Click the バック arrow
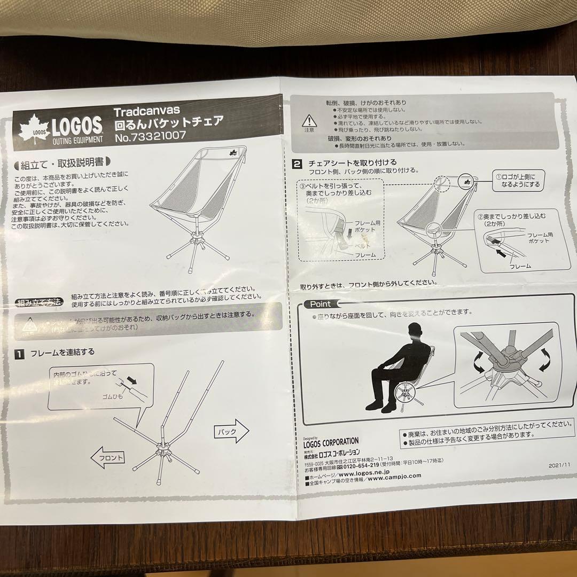click(x=231, y=429)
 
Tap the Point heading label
click(x=319, y=304)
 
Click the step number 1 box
click(x=19, y=354)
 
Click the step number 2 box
click(x=296, y=163)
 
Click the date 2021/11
click(x=559, y=465)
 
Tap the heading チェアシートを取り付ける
click(x=352, y=162)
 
